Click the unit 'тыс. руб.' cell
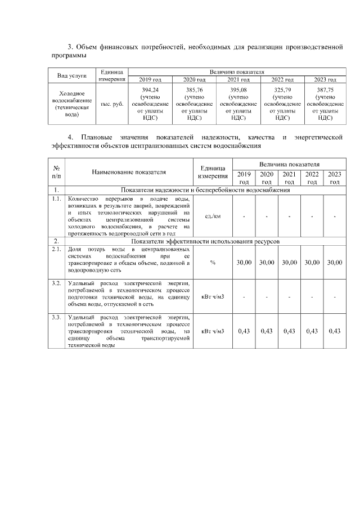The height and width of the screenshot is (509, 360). point(112,104)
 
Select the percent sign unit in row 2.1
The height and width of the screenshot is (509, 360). point(213,263)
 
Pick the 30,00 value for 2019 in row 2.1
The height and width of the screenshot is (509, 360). point(244,263)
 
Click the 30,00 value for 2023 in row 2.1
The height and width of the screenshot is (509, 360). point(334,263)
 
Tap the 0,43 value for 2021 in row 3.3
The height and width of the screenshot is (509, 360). point(289,331)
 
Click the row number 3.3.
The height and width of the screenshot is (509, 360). point(56,318)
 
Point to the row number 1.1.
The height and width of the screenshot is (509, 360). point(56,199)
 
